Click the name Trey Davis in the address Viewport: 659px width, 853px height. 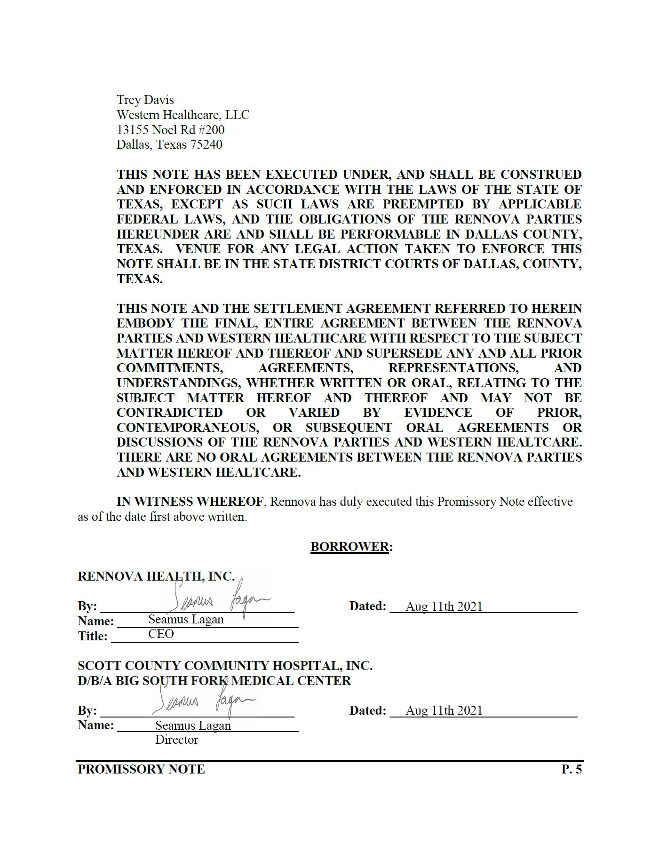tap(145, 100)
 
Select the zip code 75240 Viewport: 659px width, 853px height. tap(206, 144)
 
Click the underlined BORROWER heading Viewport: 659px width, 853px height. tap(349, 546)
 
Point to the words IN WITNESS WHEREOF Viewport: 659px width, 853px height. tap(190, 502)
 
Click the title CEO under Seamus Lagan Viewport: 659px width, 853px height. tap(161, 634)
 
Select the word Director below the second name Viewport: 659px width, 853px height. tap(176, 740)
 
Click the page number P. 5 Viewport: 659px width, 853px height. tap(571, 769)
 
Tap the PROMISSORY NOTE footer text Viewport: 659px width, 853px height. tap(141, 769)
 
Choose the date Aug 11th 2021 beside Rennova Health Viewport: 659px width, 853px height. tap(444, 606)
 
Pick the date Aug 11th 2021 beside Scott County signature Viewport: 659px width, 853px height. tap(444, 710)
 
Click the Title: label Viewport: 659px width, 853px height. tap(92, 636)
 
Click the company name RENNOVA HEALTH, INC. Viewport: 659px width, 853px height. tap(156, 576)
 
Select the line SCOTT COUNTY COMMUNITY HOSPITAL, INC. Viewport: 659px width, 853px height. tap(225, 666)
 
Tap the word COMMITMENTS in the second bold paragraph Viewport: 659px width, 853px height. tap(169, 368)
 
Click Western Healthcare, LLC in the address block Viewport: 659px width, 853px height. tap(183, 115)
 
